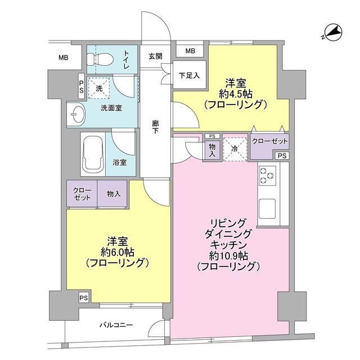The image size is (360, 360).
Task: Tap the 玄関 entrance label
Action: point(156,56)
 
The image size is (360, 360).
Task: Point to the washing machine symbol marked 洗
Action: point(99,88)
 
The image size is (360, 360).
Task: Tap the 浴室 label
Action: point(120,162)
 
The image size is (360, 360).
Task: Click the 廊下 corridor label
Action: point(155,128)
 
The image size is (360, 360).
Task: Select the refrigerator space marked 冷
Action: point(235,148)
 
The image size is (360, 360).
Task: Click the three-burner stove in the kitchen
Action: point(266,177)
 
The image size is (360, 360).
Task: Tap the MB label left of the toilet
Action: point(64,57)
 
